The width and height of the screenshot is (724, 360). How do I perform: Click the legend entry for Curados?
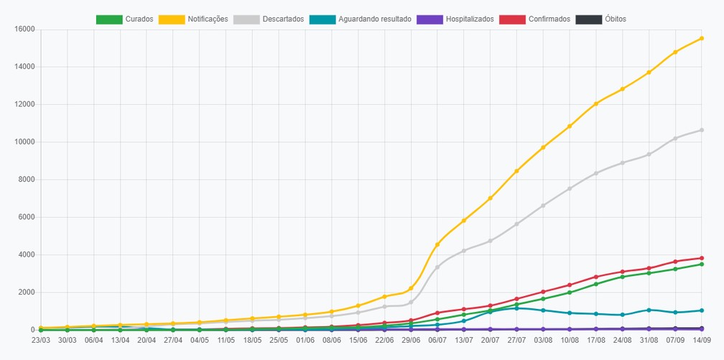125,19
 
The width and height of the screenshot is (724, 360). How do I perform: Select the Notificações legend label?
208,19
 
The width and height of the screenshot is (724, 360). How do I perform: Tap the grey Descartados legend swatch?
246,19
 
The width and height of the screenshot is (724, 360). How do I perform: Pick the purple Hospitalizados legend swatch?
430,19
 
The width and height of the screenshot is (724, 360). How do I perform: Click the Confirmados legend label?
549,19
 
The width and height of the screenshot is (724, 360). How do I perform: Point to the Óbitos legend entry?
601,19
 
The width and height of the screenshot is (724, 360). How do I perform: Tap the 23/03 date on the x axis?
41,340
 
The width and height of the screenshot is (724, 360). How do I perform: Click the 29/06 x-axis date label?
411,340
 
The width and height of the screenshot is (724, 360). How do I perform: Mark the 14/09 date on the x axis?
701,340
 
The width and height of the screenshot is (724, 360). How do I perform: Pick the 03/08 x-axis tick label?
543,340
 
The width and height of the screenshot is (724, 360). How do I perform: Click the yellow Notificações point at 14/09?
701,38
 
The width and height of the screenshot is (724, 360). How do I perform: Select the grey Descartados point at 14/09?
701,130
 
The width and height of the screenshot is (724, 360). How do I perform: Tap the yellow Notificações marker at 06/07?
437,244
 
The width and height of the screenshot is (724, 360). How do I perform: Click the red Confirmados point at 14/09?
701,258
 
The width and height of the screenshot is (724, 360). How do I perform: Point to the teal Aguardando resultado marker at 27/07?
516,308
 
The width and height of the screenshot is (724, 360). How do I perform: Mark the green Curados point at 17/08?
596,284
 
